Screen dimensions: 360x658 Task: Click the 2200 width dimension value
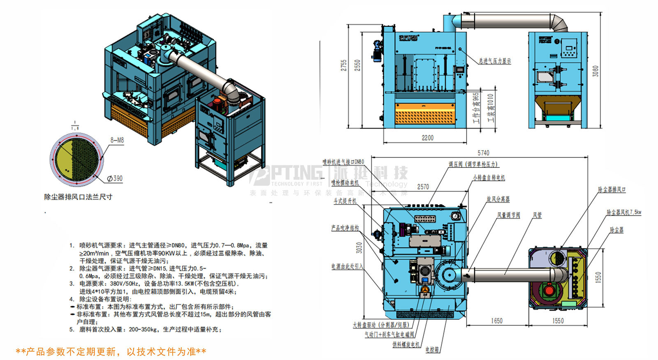[427, 138]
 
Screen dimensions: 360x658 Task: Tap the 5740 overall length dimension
[483, 153]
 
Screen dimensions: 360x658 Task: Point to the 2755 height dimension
[344, 65]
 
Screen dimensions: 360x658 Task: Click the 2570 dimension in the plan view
[423, 187]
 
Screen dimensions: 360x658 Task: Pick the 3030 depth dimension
[359, 248]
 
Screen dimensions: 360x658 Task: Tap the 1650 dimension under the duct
[496, 321]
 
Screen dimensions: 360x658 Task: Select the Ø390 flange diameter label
[115, 179]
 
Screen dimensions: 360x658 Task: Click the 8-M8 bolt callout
[117, 140]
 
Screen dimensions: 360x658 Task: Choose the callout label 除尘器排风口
[612, 190]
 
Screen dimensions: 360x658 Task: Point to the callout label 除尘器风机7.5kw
[624, 212]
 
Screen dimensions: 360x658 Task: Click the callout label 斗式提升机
[345, 201]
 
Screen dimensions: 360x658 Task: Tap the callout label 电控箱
[432, 350]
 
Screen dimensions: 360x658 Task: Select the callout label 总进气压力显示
[495, 61]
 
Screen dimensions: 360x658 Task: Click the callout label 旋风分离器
[498, 199]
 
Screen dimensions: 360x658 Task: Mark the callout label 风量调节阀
[508, 215]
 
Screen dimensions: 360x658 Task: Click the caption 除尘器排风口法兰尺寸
[78, 197]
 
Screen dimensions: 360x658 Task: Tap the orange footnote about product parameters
[111, 352]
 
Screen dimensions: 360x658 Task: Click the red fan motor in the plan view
[549, 290]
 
